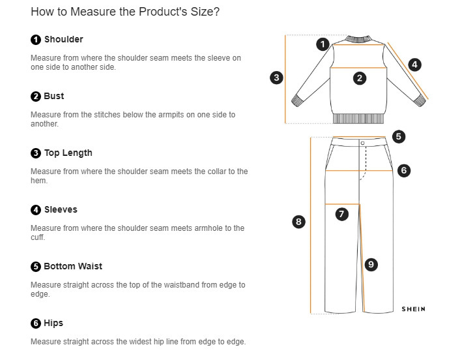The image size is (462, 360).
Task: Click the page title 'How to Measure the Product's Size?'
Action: [x=125, y=12]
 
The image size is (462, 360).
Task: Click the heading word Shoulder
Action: [x=63, y=40]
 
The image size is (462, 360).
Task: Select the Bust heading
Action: [x=53, y=97]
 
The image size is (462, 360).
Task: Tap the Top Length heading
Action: [x=68, y=153]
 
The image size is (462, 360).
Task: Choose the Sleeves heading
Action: [x=61, y=210]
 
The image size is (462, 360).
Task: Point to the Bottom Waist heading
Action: [x=72, y=267]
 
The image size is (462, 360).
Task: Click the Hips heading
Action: [x=53, y=323]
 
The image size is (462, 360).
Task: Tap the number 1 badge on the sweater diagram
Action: [x=323, y=44]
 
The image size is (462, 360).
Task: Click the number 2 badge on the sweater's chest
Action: [x=360, y=78]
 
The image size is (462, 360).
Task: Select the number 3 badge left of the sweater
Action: [x=277, y=78]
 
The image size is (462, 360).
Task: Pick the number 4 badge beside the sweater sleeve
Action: [x=414, y=65]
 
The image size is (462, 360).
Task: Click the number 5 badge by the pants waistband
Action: [x=399, y=137]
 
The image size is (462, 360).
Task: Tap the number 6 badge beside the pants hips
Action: [x=403, y=171]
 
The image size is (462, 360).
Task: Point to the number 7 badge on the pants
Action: [x=342, y=214]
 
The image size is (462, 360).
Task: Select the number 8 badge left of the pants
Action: [x=298, y=222]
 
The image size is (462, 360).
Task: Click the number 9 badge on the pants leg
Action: [x=371, y=264]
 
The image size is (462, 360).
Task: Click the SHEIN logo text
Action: [x=413, y=309]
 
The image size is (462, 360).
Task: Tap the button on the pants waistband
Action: [x=362, y=142]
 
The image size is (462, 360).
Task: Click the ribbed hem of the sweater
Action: [x=359, y=119]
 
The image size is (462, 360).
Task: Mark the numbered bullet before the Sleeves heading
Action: [x=36, y=210]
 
